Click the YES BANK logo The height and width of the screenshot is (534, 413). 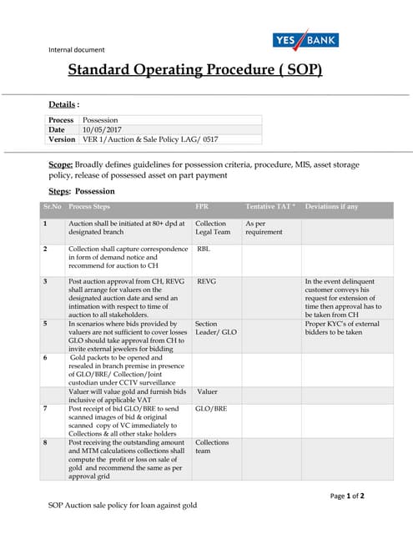[305, 40]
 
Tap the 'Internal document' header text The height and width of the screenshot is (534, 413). [77, 49]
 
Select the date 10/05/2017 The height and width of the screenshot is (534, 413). [102, 130]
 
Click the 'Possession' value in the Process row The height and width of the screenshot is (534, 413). [99, 120]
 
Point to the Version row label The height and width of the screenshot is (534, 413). [62, 139]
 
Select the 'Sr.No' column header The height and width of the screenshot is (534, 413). [52, 206]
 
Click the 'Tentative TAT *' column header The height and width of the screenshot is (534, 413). [270, 206]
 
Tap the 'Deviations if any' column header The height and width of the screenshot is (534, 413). [331, 206]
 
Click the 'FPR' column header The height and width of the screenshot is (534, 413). [202, 206]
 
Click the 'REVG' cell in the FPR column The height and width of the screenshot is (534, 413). [205, 282]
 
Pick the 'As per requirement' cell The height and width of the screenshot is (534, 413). [264, 228]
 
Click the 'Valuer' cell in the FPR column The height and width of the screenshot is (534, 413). [207, 390]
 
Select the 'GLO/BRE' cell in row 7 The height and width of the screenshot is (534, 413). [210, 408]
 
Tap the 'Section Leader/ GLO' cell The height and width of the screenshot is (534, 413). [215, 327]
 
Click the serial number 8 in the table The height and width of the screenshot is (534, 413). [45, 442]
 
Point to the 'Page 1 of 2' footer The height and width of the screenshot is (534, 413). [347, 496]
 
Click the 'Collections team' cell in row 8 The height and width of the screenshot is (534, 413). [211, 446]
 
